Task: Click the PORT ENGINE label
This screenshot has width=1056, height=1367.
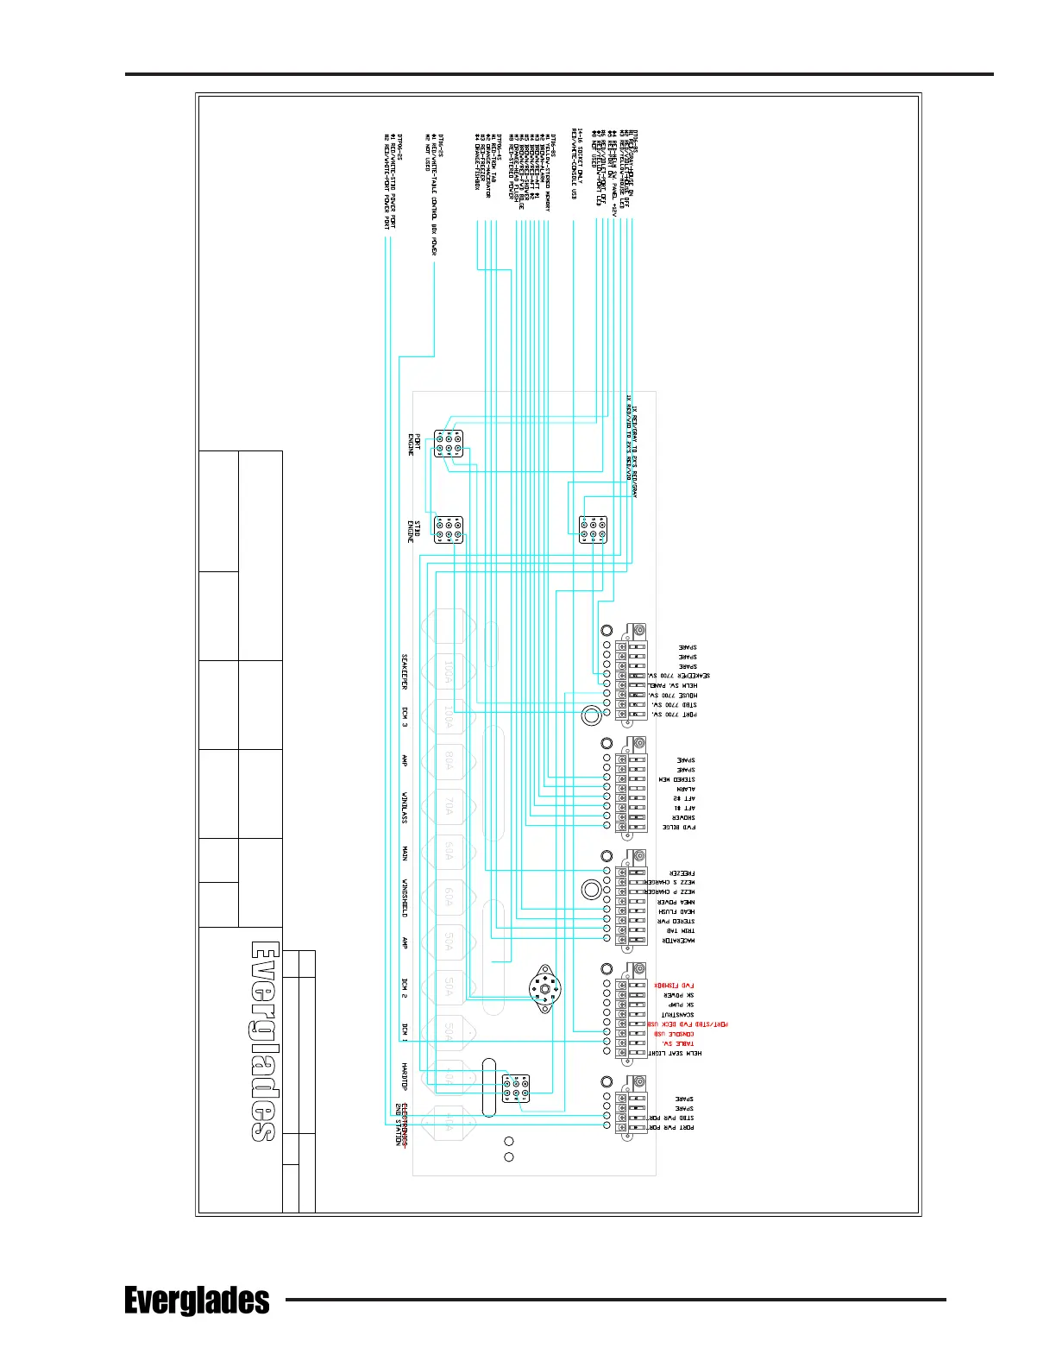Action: (x=412, y=444)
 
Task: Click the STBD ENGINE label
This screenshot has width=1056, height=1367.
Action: (x=414, y=531)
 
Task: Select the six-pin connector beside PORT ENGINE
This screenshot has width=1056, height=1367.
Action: (x=449, y=444)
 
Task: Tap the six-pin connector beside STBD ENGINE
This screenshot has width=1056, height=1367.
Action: (x=449, y=530)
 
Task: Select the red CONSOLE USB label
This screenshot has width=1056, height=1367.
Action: (x=674, y=1034)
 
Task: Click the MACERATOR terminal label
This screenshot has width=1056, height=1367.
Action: (x=679, y=941)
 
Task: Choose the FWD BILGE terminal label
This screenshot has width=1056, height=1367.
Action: (x=679, y=827)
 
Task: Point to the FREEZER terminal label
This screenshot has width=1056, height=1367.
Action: (x=682, y=873)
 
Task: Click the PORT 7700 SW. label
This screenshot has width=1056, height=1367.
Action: (x=675, y=715)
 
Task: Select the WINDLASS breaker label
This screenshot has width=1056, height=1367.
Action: (x=404, y=807)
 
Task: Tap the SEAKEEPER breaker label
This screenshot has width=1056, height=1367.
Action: (x=404, y=671)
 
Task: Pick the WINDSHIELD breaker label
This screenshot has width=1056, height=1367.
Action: (x=404, y=898)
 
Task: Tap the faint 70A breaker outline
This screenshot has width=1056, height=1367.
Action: (x=449, y=807)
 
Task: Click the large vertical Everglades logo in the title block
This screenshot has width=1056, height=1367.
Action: (x=264, y=1041)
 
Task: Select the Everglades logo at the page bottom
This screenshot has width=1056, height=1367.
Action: (x=197, y=1301)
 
